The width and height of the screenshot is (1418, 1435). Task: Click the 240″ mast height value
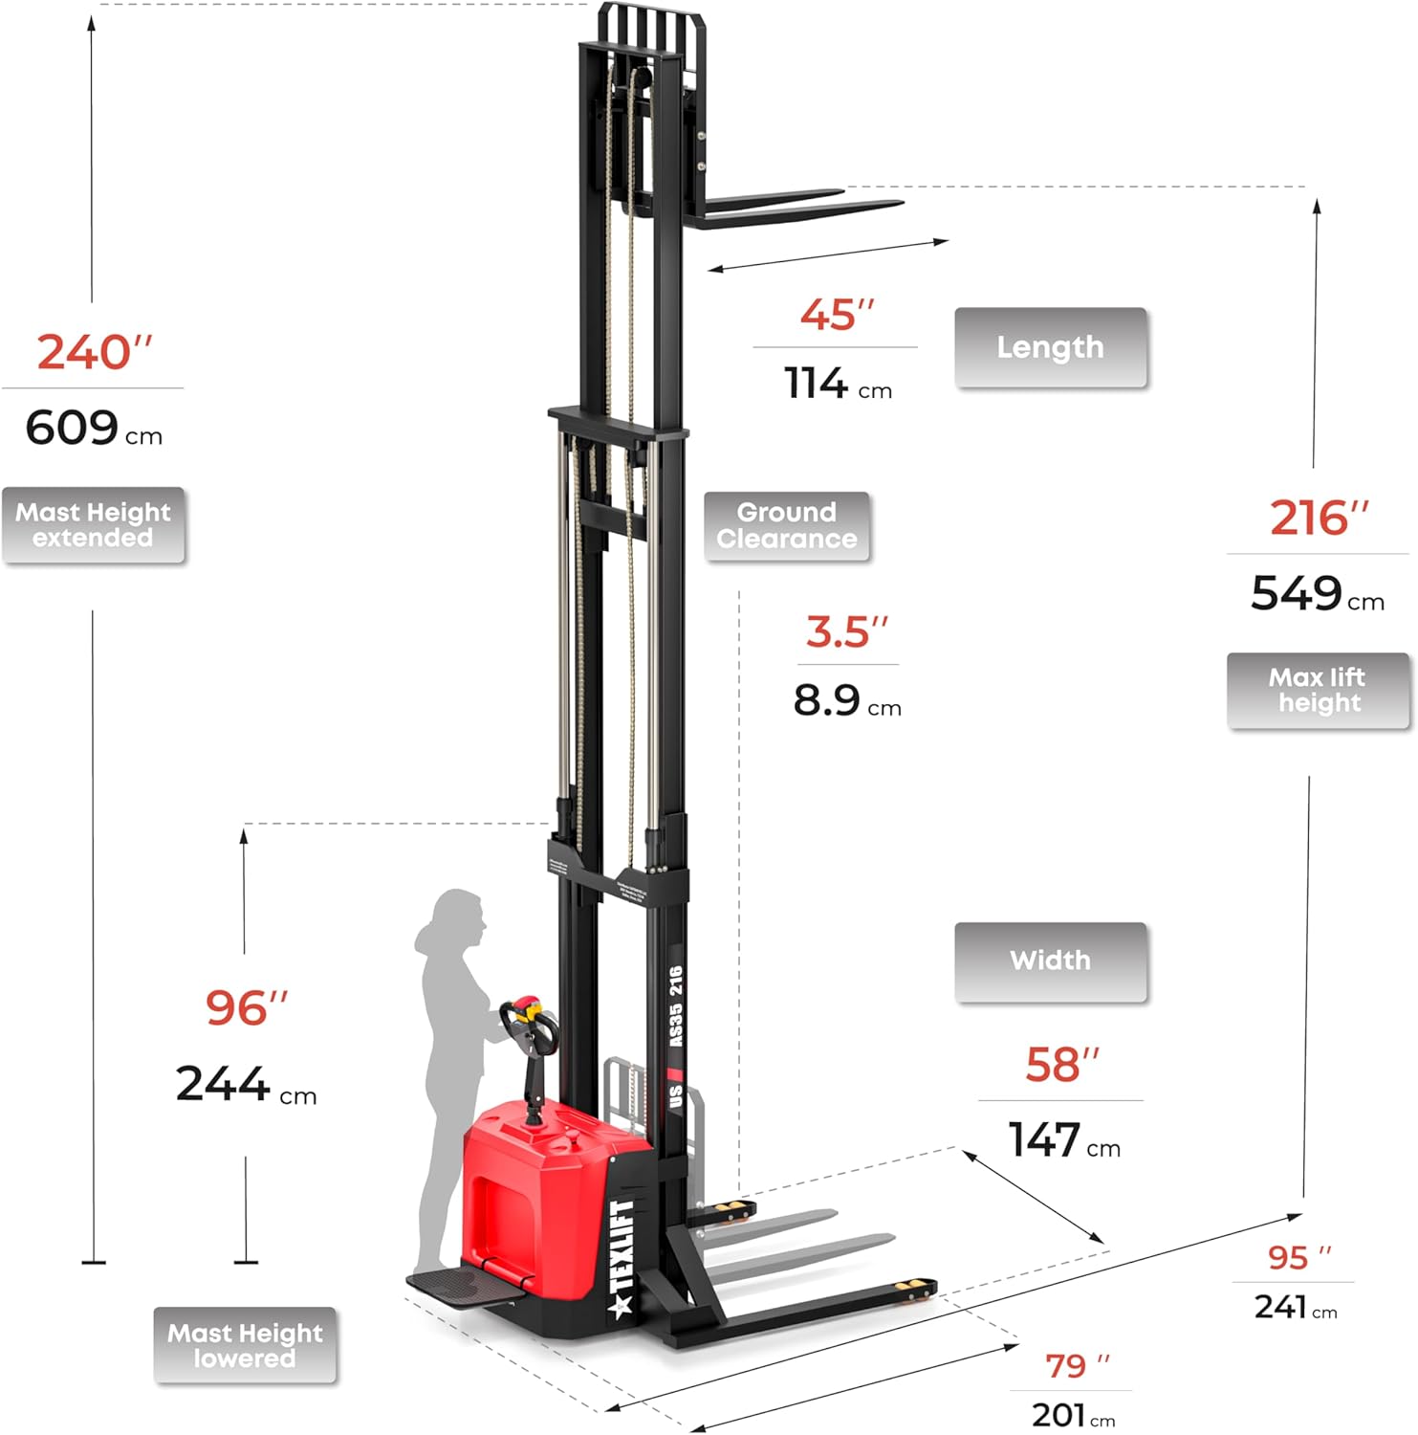point(94,352)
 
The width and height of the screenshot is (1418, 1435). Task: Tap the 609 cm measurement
point(93,428)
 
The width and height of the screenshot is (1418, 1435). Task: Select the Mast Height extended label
point(93,525)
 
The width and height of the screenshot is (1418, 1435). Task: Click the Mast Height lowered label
point(245,1345)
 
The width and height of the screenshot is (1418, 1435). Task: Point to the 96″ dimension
point(246,1007)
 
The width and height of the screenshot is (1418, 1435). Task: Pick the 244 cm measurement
point(245,1085)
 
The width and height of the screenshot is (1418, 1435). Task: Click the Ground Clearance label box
point(787,526)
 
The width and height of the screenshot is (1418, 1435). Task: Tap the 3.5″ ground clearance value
point(846,632)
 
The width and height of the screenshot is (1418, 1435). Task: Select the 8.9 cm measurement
point(846,701)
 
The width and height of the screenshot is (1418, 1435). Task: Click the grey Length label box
point(1050,347)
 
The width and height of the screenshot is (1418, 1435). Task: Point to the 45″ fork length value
point(837,315)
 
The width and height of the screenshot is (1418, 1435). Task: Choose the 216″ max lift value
point(1319,519)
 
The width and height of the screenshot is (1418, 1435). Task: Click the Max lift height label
point(1318,691)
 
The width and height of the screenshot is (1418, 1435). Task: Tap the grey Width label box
point(1050,961)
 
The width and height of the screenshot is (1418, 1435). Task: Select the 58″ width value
point(1061,1065)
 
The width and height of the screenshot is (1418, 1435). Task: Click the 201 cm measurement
point(1072,1414)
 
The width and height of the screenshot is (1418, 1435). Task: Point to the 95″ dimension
point(1298,1257)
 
